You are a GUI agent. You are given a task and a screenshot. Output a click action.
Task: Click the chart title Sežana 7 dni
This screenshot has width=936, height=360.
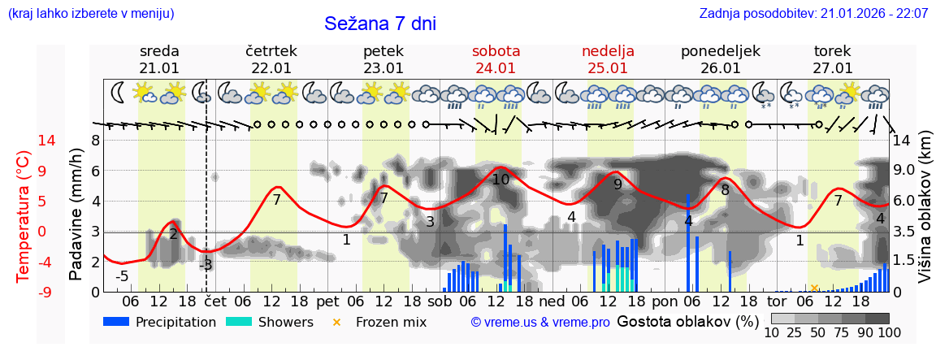(380, 24)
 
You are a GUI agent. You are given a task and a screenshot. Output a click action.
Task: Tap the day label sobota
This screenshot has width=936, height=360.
(496, 51)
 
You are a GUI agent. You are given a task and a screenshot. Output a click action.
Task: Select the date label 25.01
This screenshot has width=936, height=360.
(608, 68)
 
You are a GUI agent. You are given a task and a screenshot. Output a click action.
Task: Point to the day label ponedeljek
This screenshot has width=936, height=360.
(720, 51)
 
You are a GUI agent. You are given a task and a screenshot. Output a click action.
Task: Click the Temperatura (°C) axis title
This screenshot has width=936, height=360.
(24, 215)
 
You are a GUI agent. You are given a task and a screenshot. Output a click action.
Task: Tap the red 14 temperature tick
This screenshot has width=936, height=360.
(24, 141)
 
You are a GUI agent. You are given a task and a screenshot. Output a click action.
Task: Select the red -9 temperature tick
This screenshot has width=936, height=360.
(24, 292)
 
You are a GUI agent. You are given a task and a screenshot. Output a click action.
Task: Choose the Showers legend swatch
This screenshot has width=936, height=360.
(238, 322)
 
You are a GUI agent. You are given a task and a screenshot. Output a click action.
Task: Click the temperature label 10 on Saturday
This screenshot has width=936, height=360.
(500, 180)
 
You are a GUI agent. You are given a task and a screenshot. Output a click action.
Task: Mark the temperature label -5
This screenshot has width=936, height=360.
(122, 276)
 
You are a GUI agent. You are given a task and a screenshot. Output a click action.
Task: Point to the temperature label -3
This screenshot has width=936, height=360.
(206, 265)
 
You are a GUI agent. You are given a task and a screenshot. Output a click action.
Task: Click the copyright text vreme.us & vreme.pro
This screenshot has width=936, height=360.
(540, 323)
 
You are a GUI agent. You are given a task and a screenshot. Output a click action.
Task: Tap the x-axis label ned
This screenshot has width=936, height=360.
(552, 301)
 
